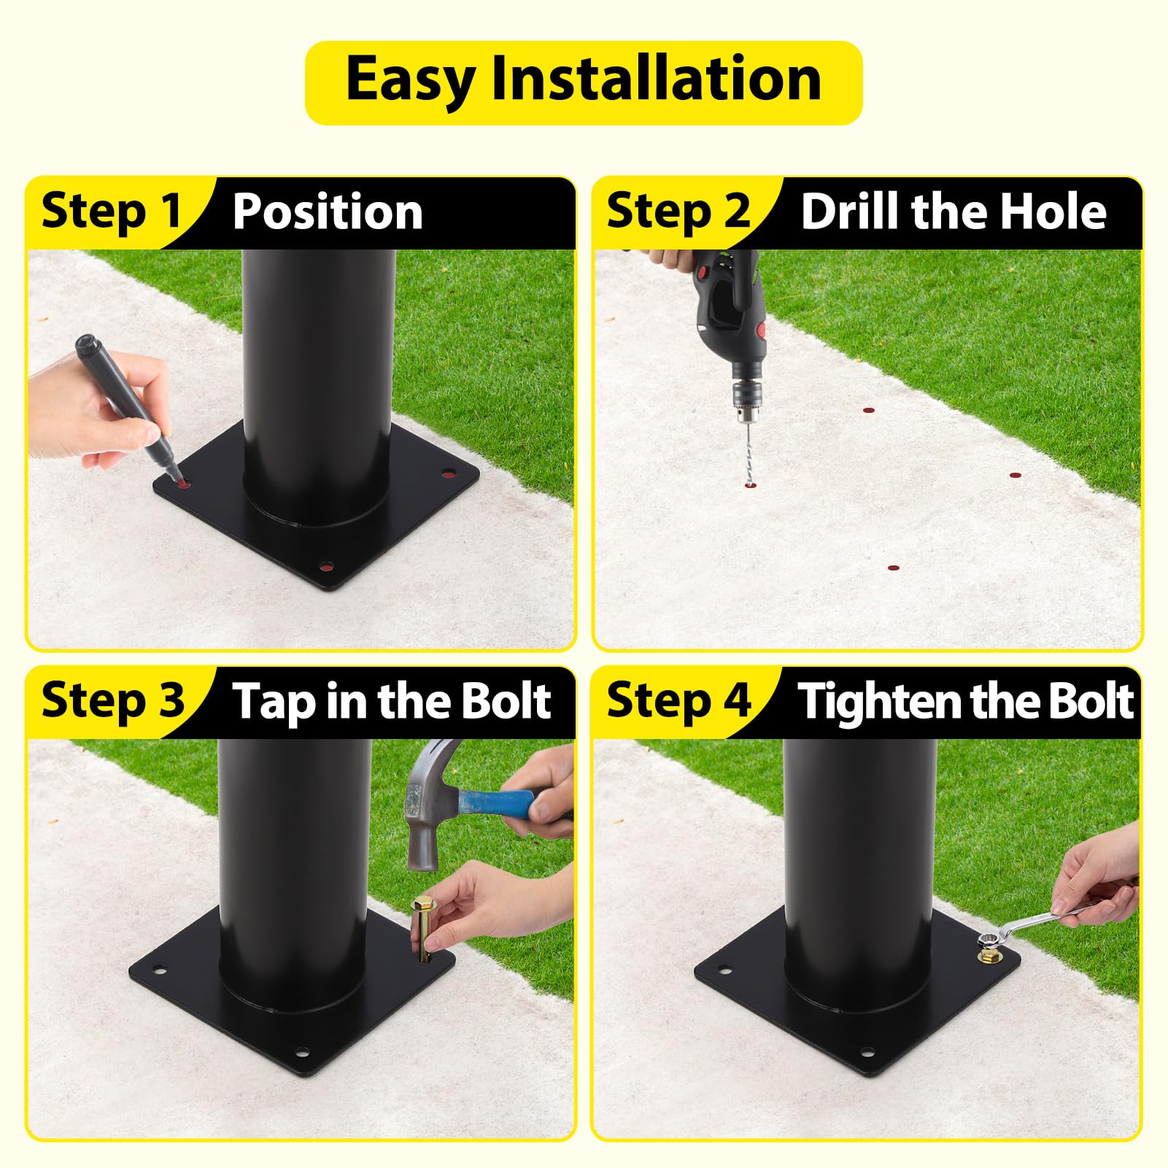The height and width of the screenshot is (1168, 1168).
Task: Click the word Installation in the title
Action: (657, 79)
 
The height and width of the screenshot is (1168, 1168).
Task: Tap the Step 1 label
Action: (111, 212)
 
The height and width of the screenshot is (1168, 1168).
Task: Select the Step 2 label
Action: (678, 212)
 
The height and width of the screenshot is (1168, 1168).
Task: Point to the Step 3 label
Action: (113, 701)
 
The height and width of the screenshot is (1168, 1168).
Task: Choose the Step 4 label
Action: (678, 701)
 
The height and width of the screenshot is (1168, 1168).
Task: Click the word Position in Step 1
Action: (328, 212)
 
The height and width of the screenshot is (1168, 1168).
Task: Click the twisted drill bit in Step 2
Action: (746, 453)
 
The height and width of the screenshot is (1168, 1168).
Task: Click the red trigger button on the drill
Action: (761, 330)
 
